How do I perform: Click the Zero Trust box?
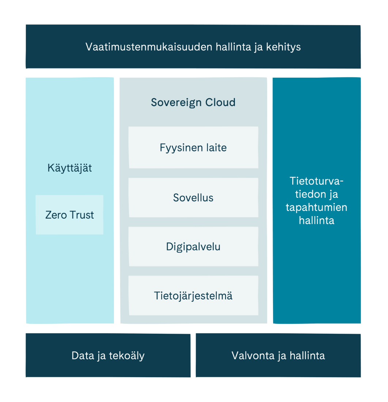pyautogui.click(x=69, y=215)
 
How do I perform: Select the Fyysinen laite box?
pyautogui.click(x=193, y=148)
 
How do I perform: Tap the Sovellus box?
pyautogui.click(x=193, y=198)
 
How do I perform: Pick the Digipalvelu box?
pyautogui.click(x=193, y=246)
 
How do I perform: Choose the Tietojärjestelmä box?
pyautogui.click(x=193, y=295)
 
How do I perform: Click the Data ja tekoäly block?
pyautogui.click(x=108, y=355)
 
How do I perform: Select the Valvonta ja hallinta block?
pyautogui.click(x=278, y=355)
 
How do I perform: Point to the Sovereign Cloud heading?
pyautogui.click(x=193, y=102)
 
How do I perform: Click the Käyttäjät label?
pyautogui.click(x=70, y=168)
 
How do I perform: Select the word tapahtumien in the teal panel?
pyautogui.click(x=316, y=207)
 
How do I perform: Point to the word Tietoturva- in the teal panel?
pyautogui.click(x=316, y=181)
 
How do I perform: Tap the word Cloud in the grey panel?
pyautogui.click(x=220, y=102)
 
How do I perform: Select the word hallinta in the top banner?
pyautogui.click(x=233, y=47)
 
